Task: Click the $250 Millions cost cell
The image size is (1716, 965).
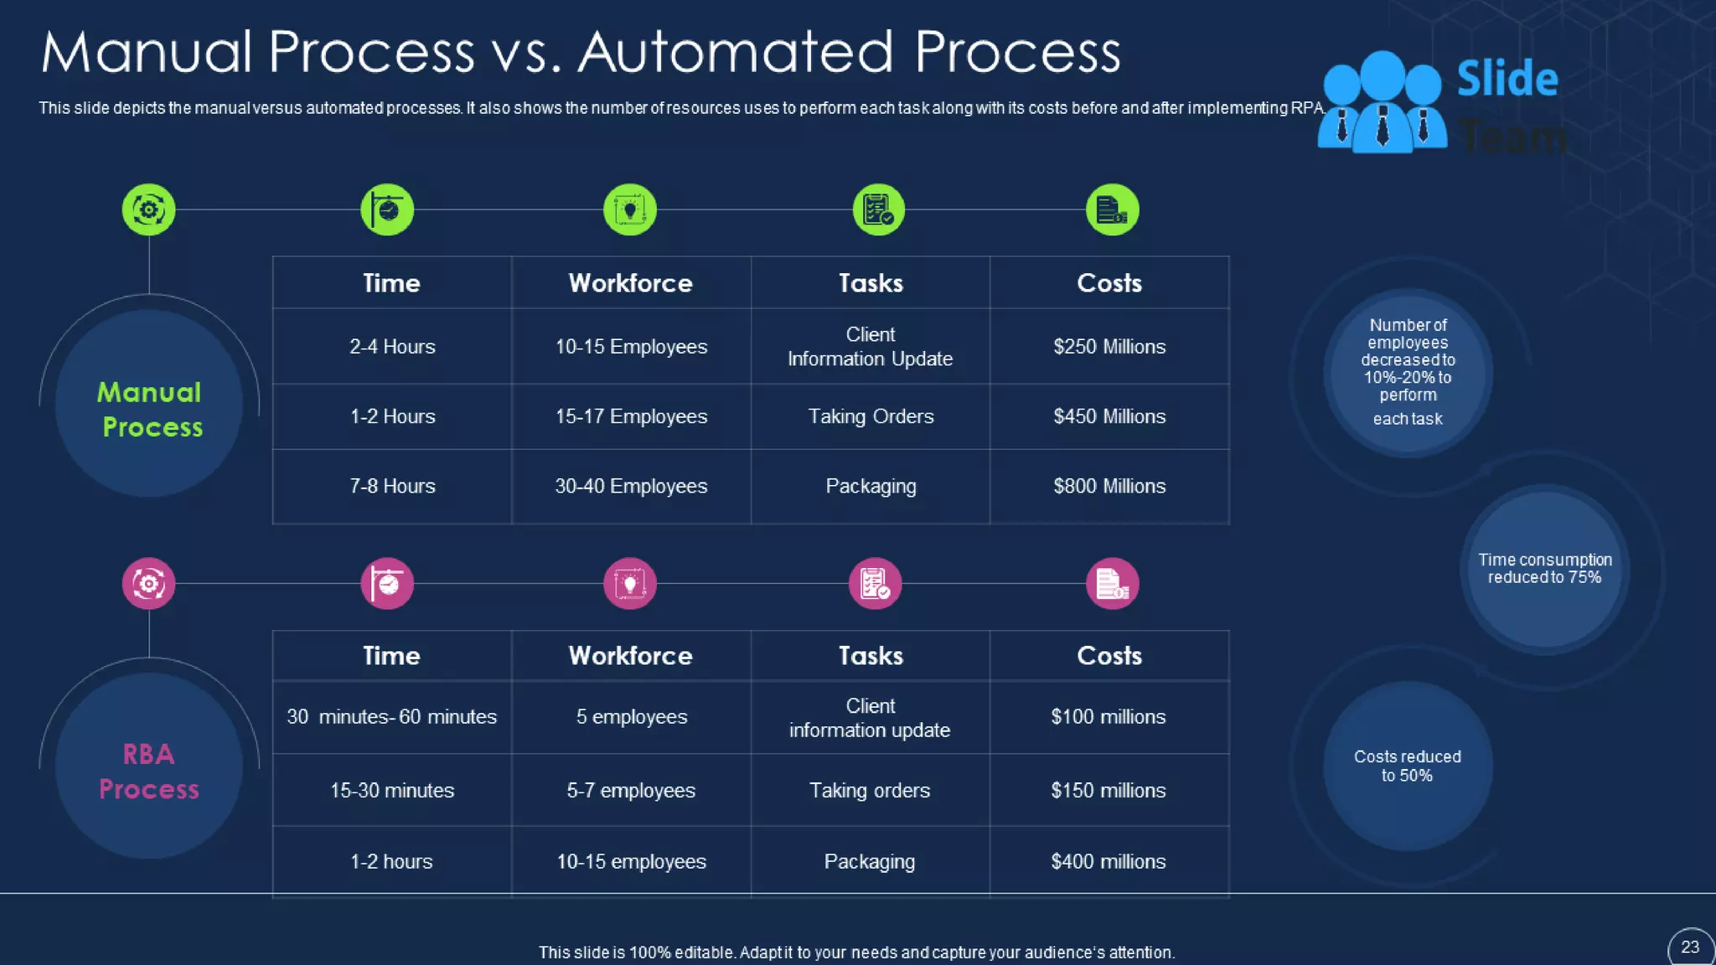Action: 1109,347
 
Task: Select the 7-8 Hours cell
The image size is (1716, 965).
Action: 392,486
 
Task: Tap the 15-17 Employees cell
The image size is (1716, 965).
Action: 631,416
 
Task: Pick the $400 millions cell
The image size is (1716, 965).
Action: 1108,861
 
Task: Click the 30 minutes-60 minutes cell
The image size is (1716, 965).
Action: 391,717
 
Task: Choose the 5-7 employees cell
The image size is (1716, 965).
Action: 631,790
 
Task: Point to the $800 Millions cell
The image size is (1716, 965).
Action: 1109,486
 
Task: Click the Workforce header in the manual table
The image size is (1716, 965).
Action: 631,283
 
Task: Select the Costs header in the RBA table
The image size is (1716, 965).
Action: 1109,656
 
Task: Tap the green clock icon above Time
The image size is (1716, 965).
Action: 387,209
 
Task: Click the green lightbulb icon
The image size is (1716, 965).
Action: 630,209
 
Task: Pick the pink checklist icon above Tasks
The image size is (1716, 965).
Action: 876,583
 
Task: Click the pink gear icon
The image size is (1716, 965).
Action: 149,583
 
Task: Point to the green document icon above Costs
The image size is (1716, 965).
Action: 1112,209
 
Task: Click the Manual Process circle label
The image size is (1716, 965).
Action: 150,410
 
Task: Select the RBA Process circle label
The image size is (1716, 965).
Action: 149,771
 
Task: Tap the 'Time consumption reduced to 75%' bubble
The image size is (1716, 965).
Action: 1544,569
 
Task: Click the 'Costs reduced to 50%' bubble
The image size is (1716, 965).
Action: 1408,766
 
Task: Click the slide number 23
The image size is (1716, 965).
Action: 1690,947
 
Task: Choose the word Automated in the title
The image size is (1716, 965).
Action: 736,52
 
